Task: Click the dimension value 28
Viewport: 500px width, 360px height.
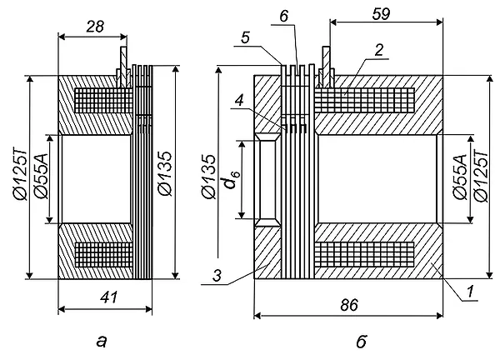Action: tap(95, 27)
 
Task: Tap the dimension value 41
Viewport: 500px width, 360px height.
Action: tap(108, 297)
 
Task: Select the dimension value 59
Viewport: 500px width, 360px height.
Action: tap(381, 14)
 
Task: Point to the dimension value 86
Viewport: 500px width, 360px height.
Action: tap(349, 305)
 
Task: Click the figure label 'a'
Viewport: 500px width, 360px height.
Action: tap(102, 342)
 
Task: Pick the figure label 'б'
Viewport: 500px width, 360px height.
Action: tap(362, 341)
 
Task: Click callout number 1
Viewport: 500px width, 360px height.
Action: tap(470, 292)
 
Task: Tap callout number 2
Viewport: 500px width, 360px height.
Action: tap(379, 50)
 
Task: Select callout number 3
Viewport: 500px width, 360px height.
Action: tap(217, 276)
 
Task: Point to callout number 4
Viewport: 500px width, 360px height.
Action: tap(239, 101)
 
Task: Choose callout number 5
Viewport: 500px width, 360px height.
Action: tap(245, 37)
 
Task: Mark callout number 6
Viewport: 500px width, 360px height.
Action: tap(284, 16)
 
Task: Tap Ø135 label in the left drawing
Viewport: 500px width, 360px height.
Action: tap(165, 173)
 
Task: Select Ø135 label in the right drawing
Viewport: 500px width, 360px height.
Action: tap(209, 177)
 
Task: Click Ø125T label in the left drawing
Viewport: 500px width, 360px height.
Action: tap(20, 174)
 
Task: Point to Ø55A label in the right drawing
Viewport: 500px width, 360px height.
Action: tap(459, 177)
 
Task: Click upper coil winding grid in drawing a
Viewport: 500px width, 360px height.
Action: tap(103, 101)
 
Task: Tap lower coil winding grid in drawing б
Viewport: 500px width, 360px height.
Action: tap(364, 254)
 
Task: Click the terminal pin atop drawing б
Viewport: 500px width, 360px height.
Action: tap(326, 67)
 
